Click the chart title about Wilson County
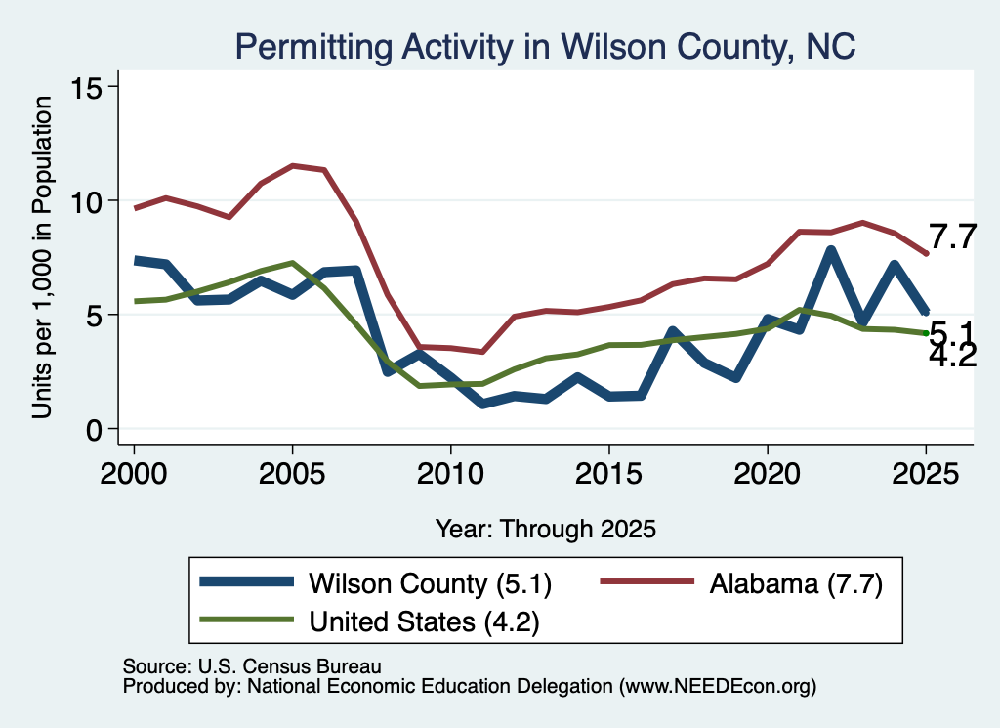tap(545, 47)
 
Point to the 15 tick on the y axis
tap(85, 87)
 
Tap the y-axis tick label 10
tap(85, 201)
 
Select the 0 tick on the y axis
tap(94, 430)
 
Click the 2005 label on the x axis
tap(292, 474)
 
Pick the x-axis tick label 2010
tap(451, 474)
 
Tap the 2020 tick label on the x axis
tap(768, 474)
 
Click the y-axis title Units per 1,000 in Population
tap(42, 257)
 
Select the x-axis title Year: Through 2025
tap(545, 529)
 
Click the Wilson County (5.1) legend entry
tap(376, 583)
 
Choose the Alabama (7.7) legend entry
tap(742, 583)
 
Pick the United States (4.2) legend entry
tap(369, 621)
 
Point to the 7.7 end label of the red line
tap(952, 237)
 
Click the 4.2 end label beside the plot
tap(952, 356)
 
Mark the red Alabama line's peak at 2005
tap(292, 165)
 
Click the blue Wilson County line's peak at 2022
tap(830, 249)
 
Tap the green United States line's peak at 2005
tap(292, 262)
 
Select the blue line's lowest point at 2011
tap(482, 404)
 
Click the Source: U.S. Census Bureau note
tap(252, 666)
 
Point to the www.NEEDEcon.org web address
tap(718, 686)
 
